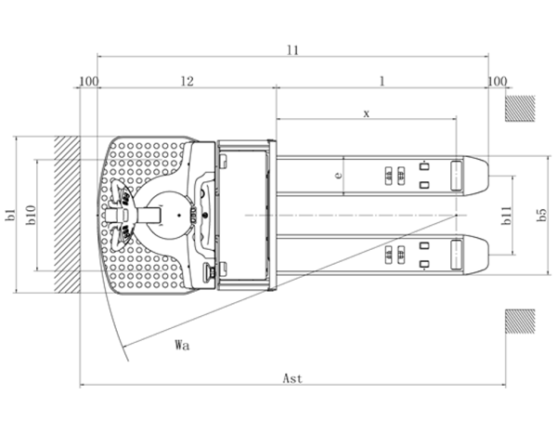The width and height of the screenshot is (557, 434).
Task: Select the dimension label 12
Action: (x=187, y=81)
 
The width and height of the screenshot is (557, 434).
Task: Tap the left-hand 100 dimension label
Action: (x=88, y=81)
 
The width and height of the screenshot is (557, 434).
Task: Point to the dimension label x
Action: (x=367, y=112)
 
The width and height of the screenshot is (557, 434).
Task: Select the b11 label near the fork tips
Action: (x=506, y=215)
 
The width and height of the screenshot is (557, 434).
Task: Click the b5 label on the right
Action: (x=541, y=215)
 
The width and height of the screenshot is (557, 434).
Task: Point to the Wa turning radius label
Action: (x=182, y=345)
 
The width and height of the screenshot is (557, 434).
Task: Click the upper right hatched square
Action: (x=520, y=108)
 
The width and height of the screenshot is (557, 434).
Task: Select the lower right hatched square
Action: (x=520, y=322)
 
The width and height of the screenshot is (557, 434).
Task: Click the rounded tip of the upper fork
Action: (x=482, y=174)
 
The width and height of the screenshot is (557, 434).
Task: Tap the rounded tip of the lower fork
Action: (x=482, y=254)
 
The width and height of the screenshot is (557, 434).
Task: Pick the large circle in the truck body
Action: (x=167, y=215)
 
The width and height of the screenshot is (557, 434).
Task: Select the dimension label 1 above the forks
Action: (x=381, y=81)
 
